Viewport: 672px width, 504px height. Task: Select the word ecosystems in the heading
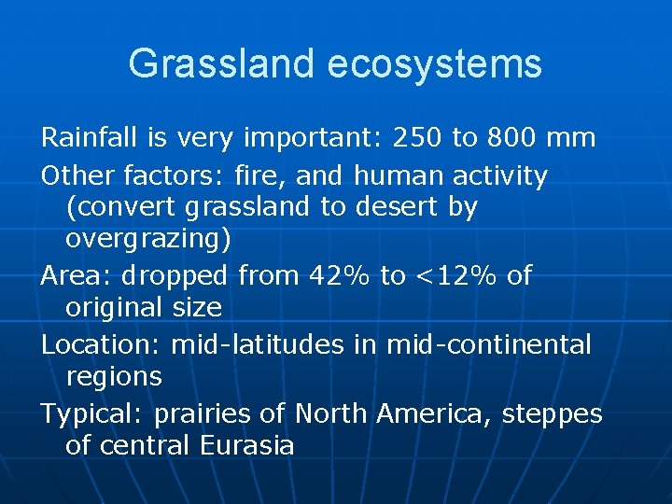point(435,63)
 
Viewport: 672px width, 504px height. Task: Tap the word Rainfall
point(90,138)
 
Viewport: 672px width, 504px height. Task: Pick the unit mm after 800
point(573,138)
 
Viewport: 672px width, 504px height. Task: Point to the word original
point(112,307)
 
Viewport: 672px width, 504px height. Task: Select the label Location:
point(101,344)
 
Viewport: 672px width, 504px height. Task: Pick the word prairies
point(220,413)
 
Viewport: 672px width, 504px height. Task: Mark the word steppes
point(553,414)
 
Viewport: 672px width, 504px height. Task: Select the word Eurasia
point(246,445)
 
